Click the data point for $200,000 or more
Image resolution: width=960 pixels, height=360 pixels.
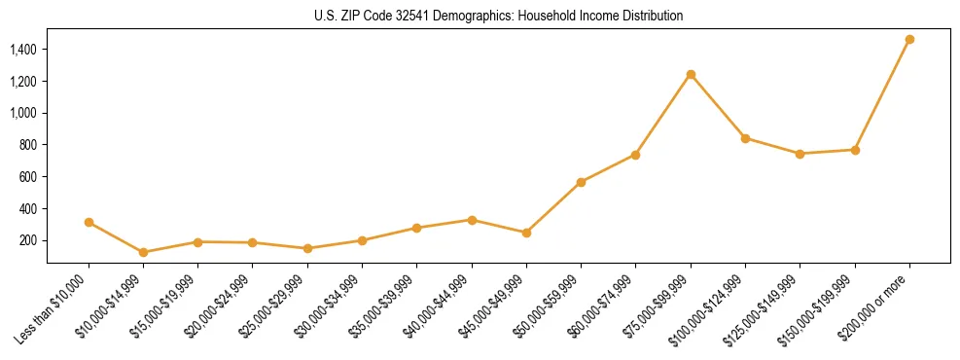(909, 40)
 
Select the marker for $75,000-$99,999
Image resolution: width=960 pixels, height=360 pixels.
(691, 74)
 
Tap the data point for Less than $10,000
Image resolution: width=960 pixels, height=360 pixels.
(89, 222)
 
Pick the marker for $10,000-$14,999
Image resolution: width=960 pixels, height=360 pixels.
(143, 252)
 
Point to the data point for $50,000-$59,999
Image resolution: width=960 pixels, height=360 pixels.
(581, 182)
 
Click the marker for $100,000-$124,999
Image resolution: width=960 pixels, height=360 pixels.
(745, 138)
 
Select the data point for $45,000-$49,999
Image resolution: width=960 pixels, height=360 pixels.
(526, 233)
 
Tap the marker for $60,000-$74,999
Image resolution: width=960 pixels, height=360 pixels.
(635, 155)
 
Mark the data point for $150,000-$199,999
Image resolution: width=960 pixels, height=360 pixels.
(855, 150)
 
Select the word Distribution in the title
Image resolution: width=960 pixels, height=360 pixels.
(650, 17)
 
